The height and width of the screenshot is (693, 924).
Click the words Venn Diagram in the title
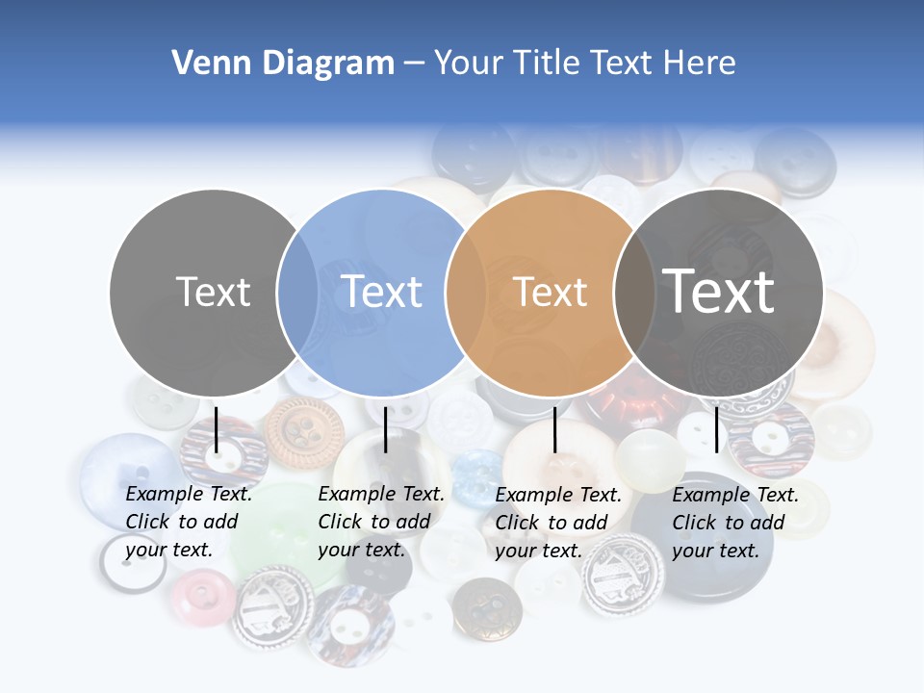[283, 64]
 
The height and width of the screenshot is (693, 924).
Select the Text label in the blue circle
[382, 292]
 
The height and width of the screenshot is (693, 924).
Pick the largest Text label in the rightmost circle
[719, 291]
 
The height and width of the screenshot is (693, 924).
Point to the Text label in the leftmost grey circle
[213, 292]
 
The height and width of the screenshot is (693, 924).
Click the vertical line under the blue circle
[385, 430]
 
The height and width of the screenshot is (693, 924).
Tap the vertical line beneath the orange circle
[554, 430]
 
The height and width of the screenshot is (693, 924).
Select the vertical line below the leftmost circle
[217, 430]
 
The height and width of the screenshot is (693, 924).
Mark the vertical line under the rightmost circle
[716, 429]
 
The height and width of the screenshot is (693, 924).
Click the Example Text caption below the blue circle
[381, 521]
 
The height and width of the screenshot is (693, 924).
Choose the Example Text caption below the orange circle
[558, 522]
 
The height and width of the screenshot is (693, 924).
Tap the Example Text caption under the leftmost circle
[189, 521]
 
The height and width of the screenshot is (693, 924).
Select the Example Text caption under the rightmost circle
[735, 522]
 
